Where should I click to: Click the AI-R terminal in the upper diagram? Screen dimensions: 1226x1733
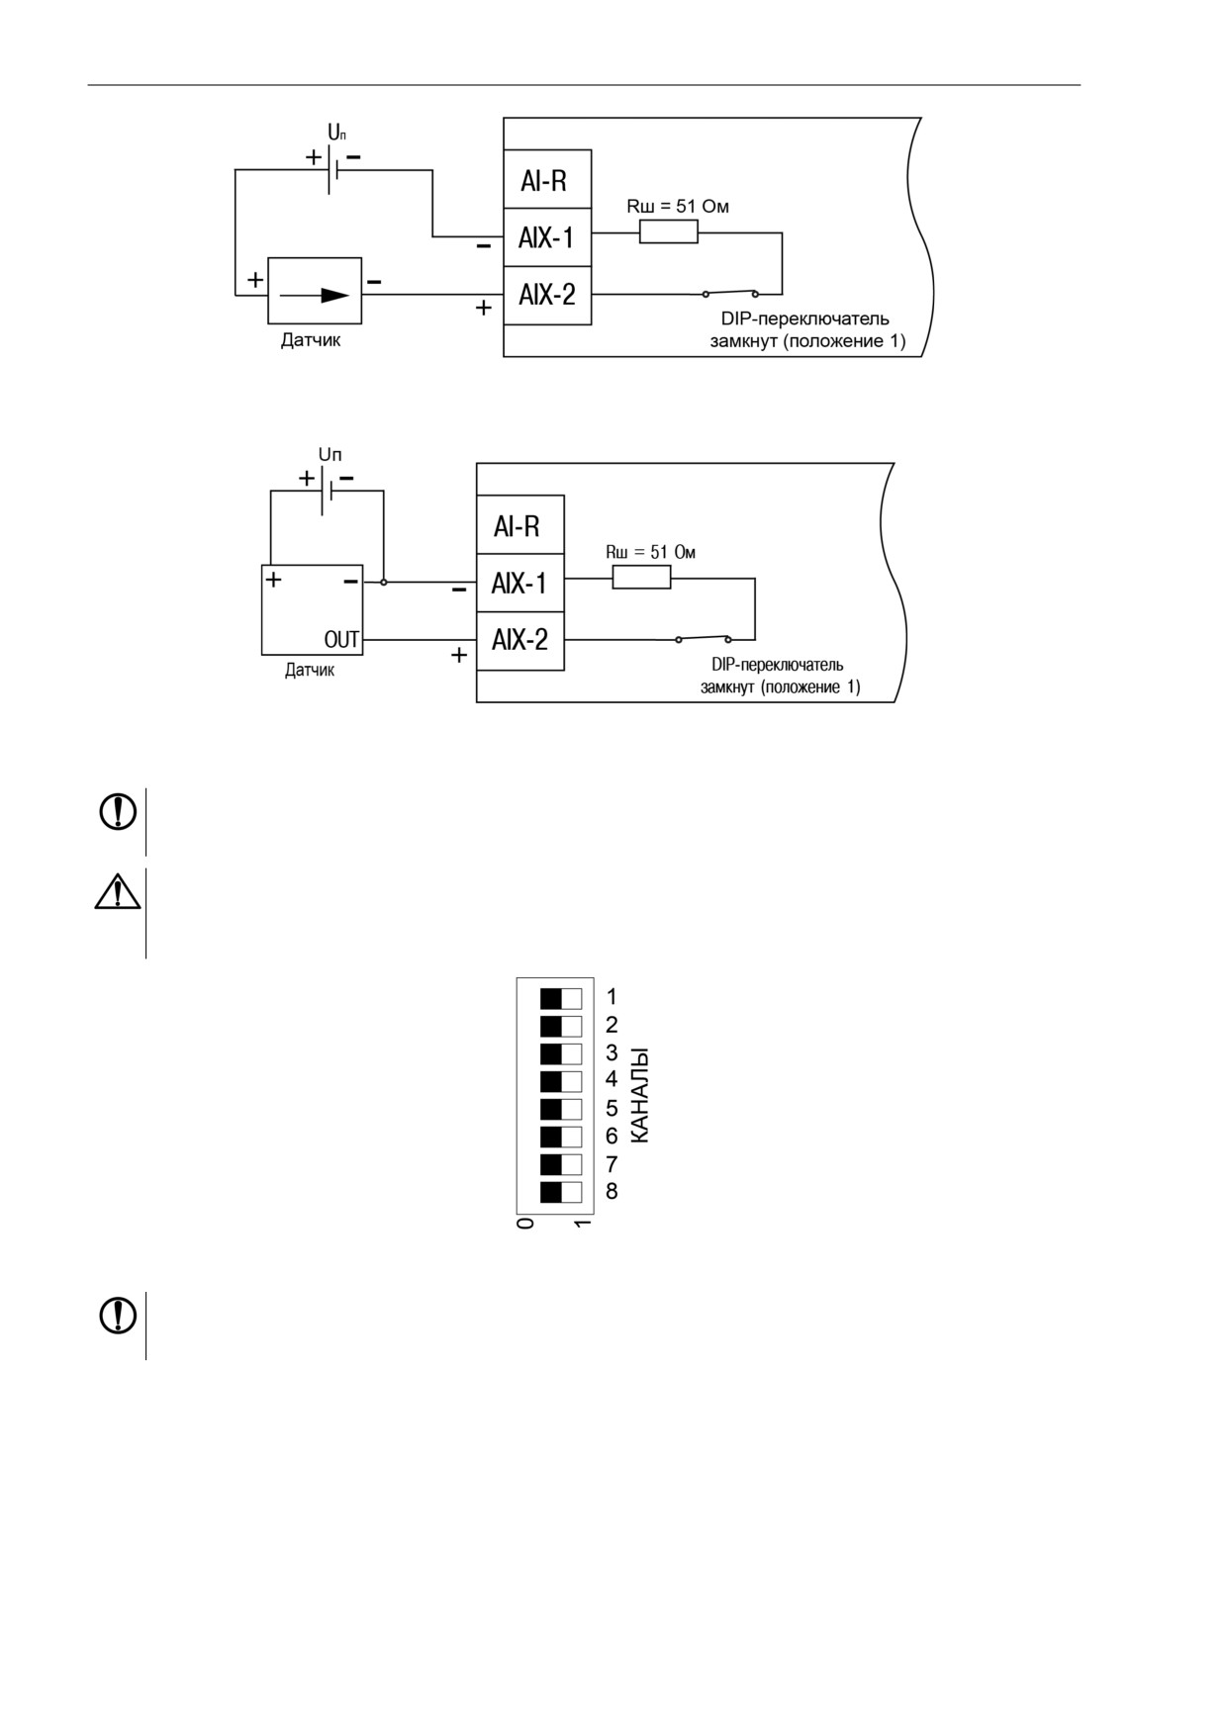pyautogui.click(x=547, y=179)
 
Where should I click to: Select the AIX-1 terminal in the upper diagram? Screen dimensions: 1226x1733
pyautogui.click(x=547, y=237)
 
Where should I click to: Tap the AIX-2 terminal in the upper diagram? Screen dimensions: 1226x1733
pyautogui.click(x=547, y=295)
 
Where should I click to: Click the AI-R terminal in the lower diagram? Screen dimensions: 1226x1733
pyautogui.click(x=520, y=525)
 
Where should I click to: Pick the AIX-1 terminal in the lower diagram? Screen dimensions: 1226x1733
pyautogui.click(x=520, y=584)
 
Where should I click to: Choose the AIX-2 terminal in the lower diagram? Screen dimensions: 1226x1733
pyautogui.click(x=520, y=641)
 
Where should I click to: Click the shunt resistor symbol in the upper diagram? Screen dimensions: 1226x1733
pyautogui.click(x=669, y=232)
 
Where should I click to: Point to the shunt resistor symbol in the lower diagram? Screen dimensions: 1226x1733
pyautogui.click(x=641, y=578)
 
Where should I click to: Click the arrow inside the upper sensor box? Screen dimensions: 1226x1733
pyautogui.click(x=315, y=295)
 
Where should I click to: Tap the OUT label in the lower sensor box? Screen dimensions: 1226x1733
pyautogui.click(x=341, y=640)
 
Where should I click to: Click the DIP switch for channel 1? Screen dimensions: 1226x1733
pyautogui.click(x=561, y=997)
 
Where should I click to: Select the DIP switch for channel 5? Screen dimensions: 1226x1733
pyautogui.click(x=561, y=1109)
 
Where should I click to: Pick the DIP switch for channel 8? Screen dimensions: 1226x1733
pyautogui.click(x=561, y=1192)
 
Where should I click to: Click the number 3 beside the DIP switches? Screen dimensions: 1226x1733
pyautogui.click(x=612, y=1052)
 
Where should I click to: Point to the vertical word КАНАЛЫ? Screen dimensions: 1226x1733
pyautogui.click(x=640, y=1095)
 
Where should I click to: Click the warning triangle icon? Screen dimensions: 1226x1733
pyautogui.click(x=118, y=891)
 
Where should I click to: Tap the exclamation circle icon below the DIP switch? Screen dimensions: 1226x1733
pyautogui.click(x=118, y=1315)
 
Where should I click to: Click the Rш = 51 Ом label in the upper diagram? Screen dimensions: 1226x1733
pyautogui.click(x=678, y=207)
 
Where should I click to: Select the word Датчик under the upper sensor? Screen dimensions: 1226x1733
pyautogui.click(x=311, y=340)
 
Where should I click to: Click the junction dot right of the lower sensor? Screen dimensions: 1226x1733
pyautogui.click(x=384, y=583)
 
